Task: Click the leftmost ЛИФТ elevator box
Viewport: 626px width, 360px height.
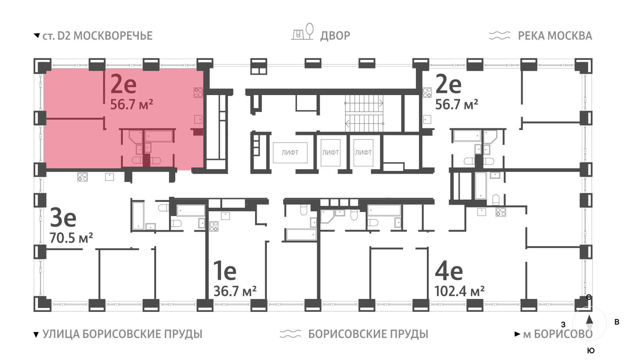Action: (290, 153)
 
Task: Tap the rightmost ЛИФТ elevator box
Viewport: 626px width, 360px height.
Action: (363, 153)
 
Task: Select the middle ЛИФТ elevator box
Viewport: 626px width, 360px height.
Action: (330, 153)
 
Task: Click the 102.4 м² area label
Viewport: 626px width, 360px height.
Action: (459, 291)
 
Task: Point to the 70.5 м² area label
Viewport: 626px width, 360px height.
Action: (71, 238)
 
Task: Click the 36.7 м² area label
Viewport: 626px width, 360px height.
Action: (235, 291)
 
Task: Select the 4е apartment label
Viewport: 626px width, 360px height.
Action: (449, 270)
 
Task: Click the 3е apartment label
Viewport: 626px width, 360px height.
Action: (63, 218)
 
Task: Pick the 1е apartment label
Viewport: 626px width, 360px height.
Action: (225, 270)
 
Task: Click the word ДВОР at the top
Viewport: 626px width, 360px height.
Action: (335, 36)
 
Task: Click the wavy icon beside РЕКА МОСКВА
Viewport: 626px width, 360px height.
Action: (500, 36)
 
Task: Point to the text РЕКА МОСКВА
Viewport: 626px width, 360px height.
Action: (555, 36)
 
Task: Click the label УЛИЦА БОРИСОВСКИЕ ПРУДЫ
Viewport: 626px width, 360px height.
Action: (122, 334)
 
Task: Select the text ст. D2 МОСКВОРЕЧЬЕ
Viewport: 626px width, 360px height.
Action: (97, 36)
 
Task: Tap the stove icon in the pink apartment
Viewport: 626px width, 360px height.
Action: (198, 92)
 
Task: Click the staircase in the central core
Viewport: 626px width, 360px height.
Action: (364, 113)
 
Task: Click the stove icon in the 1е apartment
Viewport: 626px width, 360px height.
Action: (214, 226)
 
